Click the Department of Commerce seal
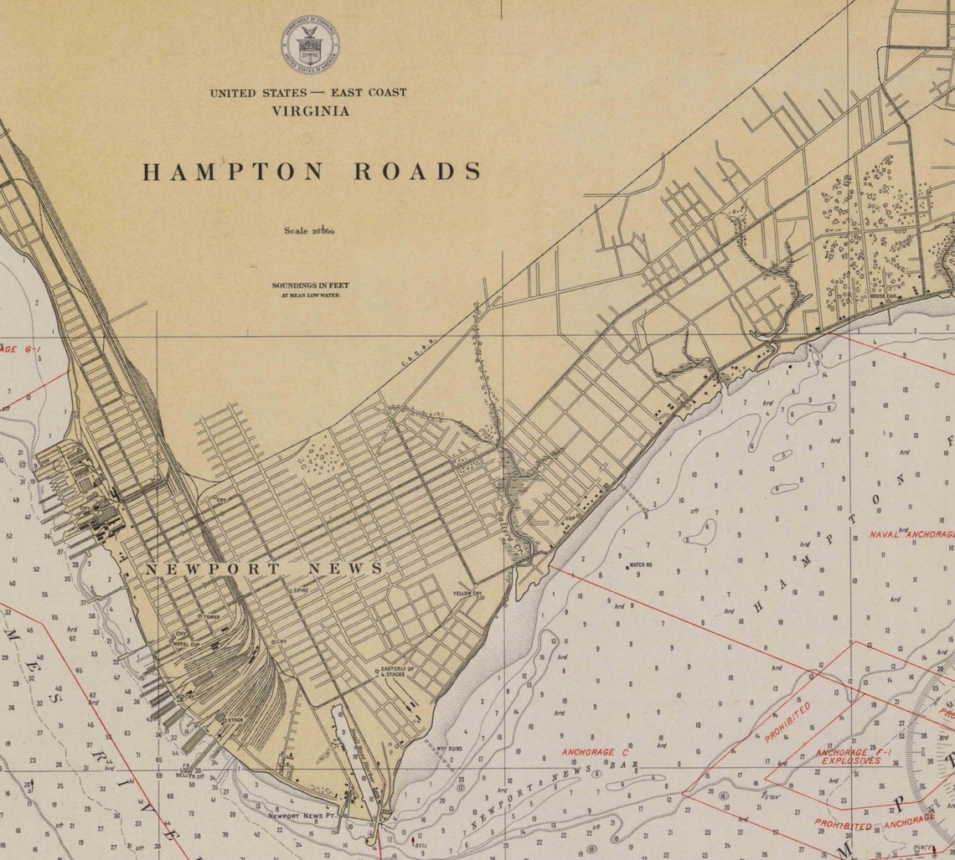[310, 45]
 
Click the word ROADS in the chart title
[417, 172]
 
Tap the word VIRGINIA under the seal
[310, 111]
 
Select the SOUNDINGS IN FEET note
[310, 286]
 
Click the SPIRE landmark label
[301, 590]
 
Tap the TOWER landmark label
[210, 616]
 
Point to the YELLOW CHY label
[467, 594]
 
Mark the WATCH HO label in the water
[641, 565]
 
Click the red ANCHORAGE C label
[595, 751]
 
